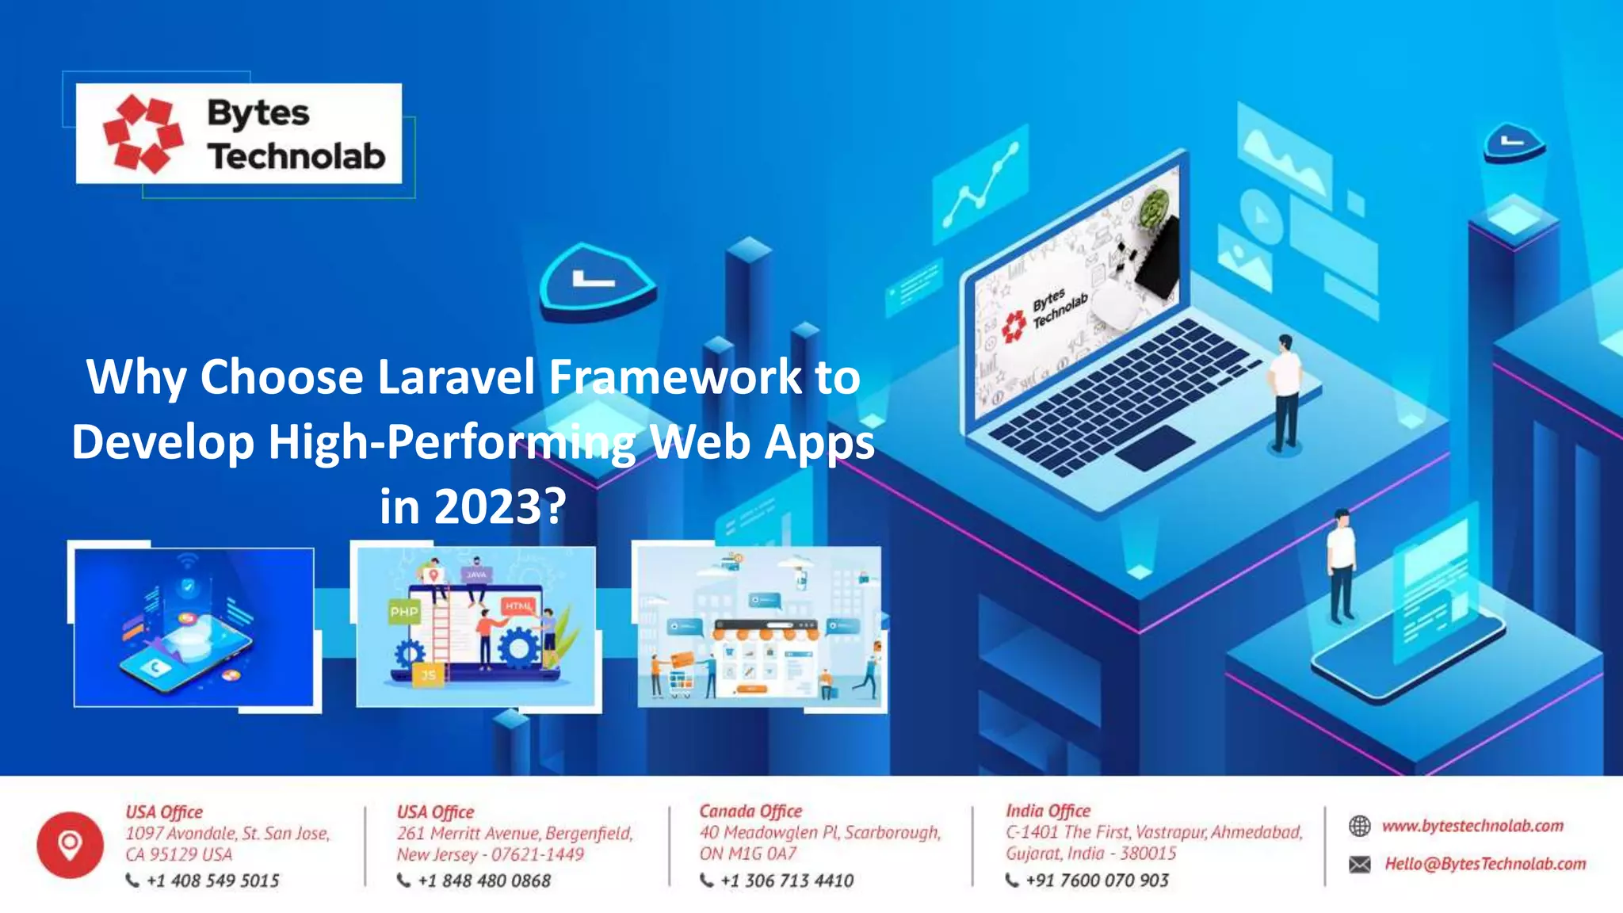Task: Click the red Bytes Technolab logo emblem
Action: pos(143,133)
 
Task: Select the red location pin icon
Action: pos(70,845)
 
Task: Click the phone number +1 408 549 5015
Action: pos(212,881)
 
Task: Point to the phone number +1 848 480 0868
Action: pos(483,881)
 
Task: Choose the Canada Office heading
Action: pos(750,811)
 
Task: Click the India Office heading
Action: pos(1048,811)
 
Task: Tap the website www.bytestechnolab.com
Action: pos(1472,826)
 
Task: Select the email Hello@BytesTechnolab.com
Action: pos(1485,864)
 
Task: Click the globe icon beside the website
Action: pos(1359,826)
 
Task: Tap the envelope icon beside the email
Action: pos(1359,864)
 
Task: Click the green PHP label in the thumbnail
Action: pos(404,612)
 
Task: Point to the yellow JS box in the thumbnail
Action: pos(428,675)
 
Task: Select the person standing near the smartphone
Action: pos(1341,566)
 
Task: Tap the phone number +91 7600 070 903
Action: pos(1097,881)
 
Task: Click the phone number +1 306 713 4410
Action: pos(786,881)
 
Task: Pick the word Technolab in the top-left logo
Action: pos(296,156)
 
